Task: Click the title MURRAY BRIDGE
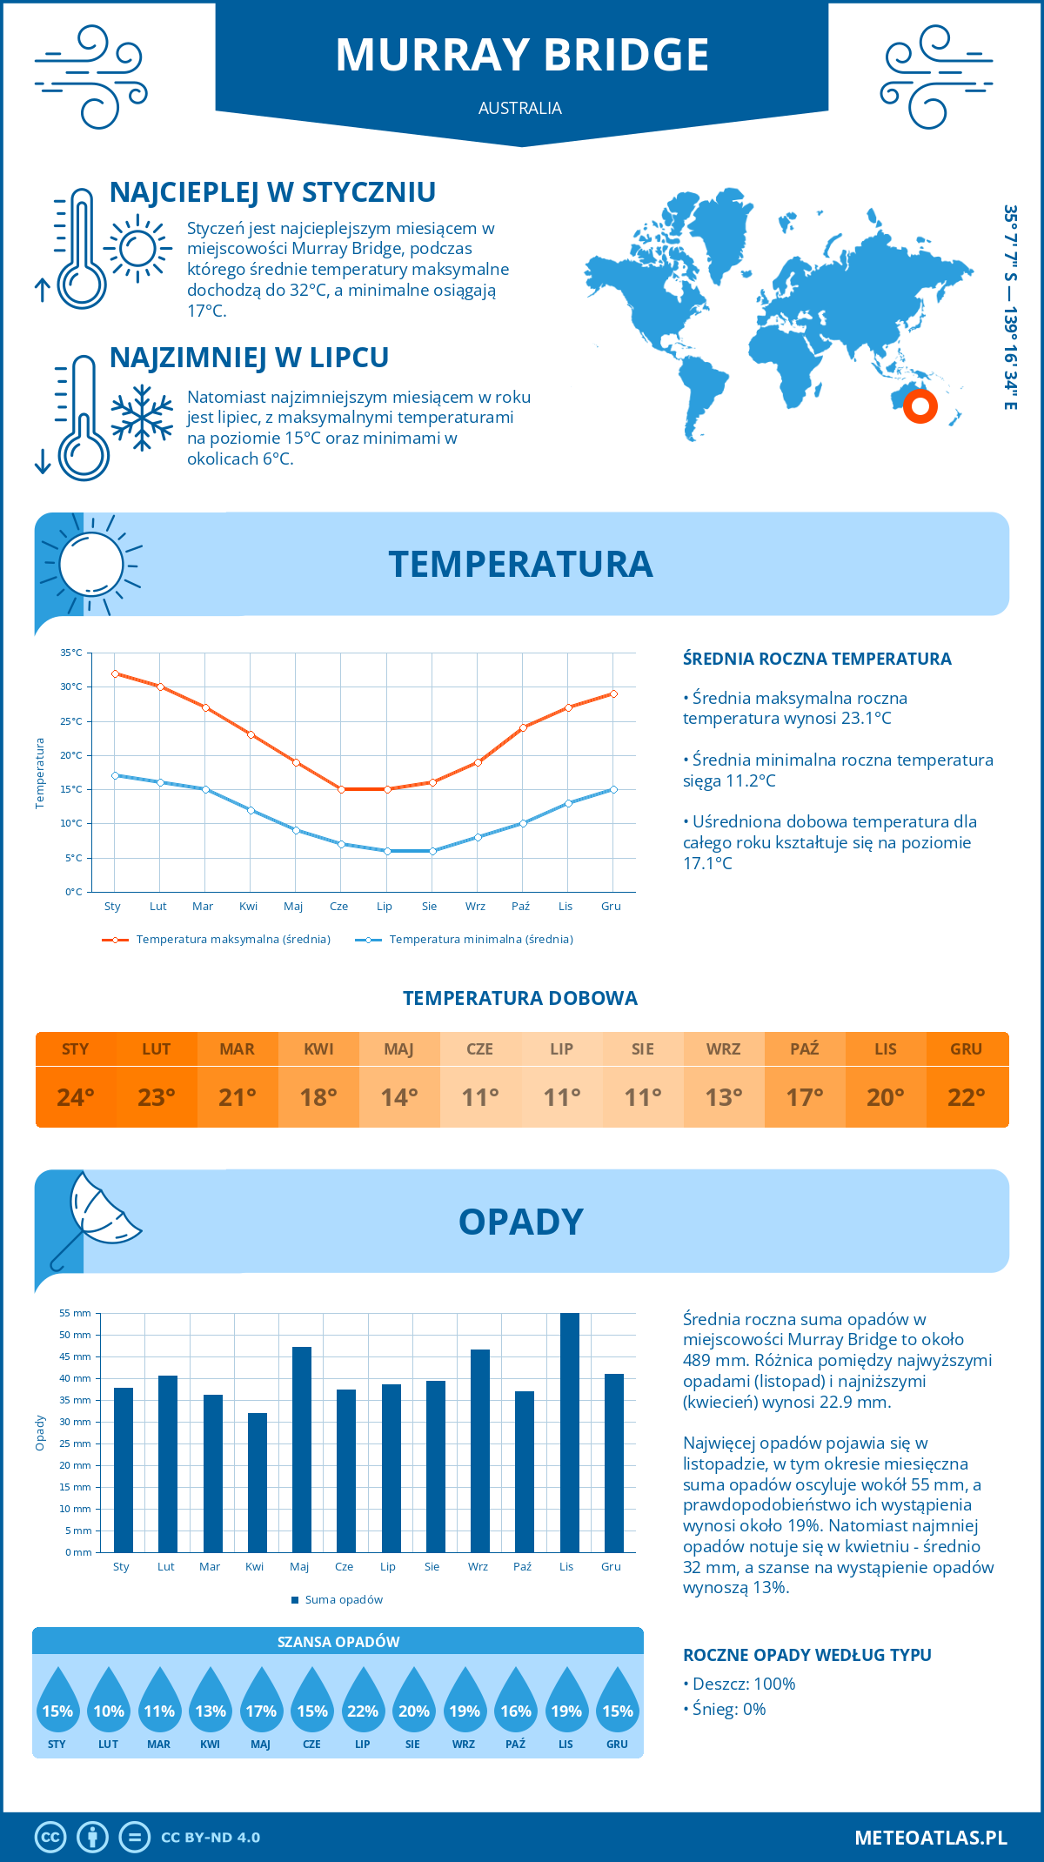click(522, 55)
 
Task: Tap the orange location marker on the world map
click(920, 405)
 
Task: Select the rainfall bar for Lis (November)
click(569, 1432)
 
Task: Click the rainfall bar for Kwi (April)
click(257, 1482)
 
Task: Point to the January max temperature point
click(115, 673)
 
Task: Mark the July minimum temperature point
click(387, 851)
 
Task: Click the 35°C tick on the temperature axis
click(71, 653)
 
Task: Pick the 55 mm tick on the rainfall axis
click(76, 1313)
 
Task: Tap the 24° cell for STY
click(76, 1097)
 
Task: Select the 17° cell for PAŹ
click(805, 1097)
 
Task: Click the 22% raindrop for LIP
click(363, 1705)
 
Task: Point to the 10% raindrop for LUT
click(109, 1705)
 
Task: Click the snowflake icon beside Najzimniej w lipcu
click(142, 418)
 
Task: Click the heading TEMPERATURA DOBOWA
click(520, 998)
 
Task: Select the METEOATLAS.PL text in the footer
click(931, 1838)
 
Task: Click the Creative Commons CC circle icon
click(50, 1838)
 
